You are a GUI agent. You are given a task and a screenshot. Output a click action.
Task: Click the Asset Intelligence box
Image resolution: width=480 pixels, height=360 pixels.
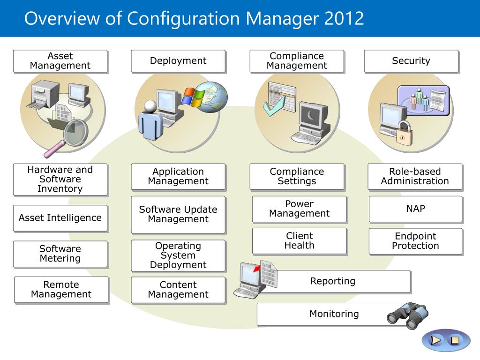60,218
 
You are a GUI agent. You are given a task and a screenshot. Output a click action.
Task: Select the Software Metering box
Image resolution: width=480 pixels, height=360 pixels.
60,254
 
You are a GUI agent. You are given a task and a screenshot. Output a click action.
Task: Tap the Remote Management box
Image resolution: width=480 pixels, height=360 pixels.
61,289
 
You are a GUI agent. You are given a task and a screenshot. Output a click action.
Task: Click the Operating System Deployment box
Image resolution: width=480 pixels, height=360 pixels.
178,255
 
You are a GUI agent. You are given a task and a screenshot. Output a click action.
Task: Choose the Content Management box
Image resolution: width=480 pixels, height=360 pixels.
178,290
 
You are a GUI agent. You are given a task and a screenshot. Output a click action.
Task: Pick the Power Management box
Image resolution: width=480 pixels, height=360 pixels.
300,209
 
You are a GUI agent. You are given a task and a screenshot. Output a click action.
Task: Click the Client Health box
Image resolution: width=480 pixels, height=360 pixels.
300,240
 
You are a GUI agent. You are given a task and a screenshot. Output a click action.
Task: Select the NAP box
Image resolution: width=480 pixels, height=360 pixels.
416,209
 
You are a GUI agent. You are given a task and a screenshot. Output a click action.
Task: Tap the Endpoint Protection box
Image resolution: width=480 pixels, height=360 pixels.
416,241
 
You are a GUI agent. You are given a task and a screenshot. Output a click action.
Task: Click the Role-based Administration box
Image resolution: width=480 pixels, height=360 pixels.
415,176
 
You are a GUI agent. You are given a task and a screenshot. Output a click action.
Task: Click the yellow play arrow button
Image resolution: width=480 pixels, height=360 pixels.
436,340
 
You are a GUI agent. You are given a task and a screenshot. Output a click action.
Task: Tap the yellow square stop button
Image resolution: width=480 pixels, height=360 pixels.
454,340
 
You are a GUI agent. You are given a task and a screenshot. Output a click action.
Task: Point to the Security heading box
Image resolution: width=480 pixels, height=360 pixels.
411,61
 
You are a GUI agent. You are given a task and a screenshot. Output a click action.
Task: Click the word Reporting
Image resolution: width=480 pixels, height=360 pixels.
333,281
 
